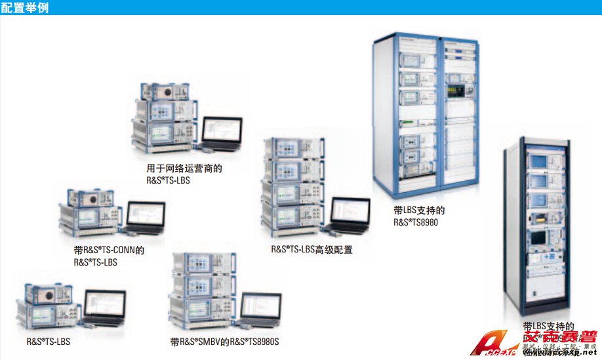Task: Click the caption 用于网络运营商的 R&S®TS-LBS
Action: pyautogui.click(x=184, y=174)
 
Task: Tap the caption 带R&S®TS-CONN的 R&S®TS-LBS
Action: pyautogui.click(x=109, y=256)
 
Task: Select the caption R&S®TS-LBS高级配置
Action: pyautogui.click(x=311, y=249)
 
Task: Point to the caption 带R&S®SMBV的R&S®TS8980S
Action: pyautogui.click(x=224, y=342)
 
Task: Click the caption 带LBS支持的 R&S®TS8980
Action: pyautogui.click(x=420, y=216)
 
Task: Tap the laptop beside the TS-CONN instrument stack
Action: pyautogui.click(x=145, y=218)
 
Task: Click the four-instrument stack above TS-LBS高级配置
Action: pyautogui.click(x=291, y=190)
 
